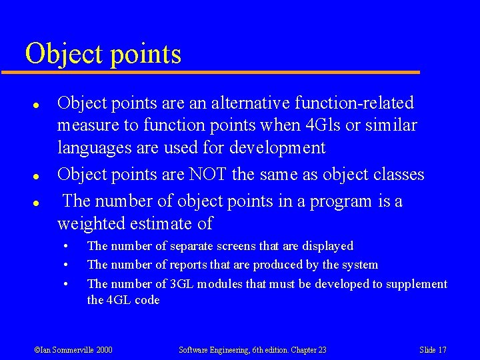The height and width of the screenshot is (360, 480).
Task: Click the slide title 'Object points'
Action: coord(103,53)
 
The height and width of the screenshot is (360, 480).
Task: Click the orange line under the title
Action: coord(220,72)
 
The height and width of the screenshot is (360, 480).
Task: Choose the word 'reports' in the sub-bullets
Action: coord(195,265)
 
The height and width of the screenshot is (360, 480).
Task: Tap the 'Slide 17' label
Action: coord(433,349)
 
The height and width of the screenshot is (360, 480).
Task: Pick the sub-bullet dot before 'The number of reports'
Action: coord(66,265)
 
